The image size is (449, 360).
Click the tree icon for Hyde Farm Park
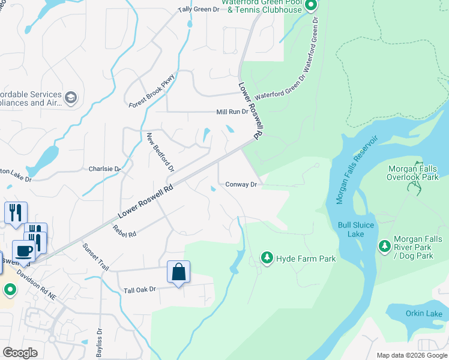coord(267,258)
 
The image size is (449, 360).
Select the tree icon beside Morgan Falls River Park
coord(385,245)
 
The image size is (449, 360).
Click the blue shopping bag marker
coord(179,272)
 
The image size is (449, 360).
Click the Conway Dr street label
coord(241,185)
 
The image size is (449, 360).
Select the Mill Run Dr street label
coord(232,112)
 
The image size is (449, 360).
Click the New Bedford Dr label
coord(160,153)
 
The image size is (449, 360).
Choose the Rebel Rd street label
coord(124,230)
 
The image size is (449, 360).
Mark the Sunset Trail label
coord(95,256)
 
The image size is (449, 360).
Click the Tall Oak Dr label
coord(139,290)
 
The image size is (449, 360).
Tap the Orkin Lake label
coord(424,314)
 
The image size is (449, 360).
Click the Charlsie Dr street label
coord(104,169)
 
